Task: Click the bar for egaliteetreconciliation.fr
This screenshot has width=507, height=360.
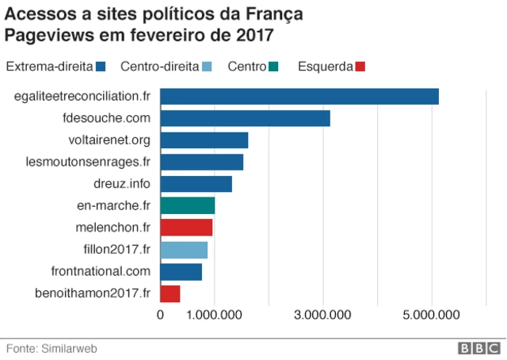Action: pos(299,97)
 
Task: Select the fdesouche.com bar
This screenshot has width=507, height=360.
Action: pos(245,119)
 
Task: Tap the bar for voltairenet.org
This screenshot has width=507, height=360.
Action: pos(204,140)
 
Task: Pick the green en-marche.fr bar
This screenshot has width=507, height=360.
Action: pos(188,206)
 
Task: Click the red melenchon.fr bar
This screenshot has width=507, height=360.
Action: pos(186,228)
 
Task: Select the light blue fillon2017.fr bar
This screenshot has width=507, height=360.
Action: pos(184,250)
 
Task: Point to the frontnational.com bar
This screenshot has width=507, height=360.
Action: pos(181,272)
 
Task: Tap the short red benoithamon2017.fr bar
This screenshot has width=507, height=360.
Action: pos(170,294)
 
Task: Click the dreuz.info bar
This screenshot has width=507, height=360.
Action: pos(196,184)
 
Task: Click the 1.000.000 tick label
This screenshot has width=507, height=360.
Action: pos(215,316)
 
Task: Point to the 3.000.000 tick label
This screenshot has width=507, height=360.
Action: pos(323,316)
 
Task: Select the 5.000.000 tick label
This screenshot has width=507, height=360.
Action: pos(432,316)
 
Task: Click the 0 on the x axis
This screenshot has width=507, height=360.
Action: pos(161,316)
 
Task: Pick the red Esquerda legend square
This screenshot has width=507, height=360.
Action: pos(361,66)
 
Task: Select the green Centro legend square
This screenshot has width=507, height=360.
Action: pos(273,66)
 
